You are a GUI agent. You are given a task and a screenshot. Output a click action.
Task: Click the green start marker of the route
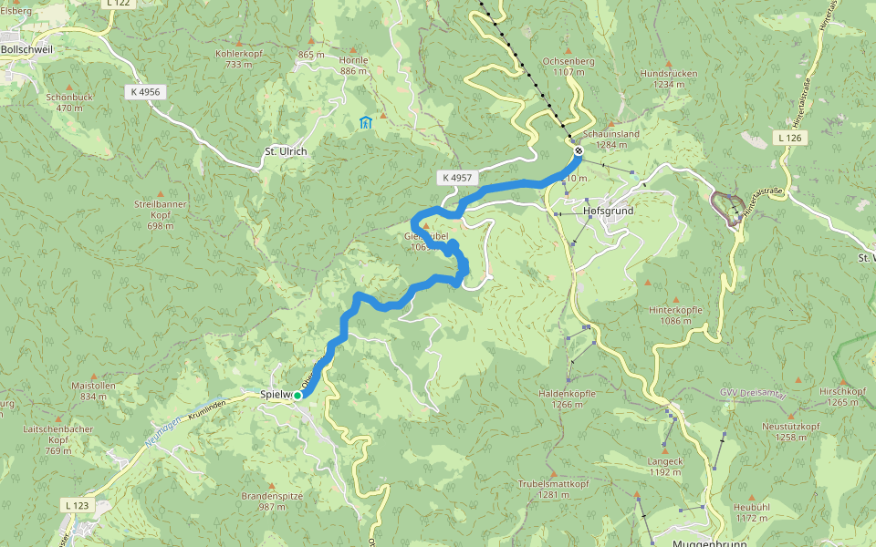point(297,395)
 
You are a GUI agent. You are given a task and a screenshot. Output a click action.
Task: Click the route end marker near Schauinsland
point(578,150)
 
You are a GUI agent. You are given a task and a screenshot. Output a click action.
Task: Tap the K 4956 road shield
point(144,92)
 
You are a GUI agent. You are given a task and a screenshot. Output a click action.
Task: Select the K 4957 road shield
point(454,178)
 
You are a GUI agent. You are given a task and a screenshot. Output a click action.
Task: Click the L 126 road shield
point(790,138)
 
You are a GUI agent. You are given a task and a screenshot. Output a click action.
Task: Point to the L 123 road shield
point(78,504)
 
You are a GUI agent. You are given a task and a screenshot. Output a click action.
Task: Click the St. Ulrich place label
point(286,151)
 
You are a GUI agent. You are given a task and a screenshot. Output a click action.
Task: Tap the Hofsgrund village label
point(607,211)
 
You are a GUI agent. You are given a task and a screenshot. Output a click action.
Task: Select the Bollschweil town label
point(26,49)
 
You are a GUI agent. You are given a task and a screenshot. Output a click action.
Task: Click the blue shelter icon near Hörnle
point(366,123)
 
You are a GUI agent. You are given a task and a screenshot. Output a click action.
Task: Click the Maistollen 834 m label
point(93,390)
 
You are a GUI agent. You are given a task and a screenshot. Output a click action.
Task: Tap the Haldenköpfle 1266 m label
point(567,398)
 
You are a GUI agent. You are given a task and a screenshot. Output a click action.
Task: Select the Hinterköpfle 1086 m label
point(675,315)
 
